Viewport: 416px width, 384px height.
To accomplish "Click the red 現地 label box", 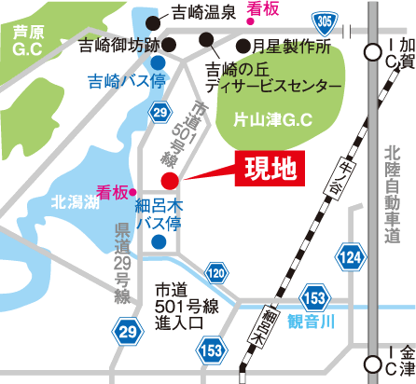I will click(270, 167).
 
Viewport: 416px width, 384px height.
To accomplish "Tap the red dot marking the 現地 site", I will click(169, 180).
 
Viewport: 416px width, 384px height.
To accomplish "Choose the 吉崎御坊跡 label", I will click(119, 44).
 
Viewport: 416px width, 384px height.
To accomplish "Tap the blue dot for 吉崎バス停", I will click(159, 62).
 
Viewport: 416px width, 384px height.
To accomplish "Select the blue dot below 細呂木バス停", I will click(159, 241).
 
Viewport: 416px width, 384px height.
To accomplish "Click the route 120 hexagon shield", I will click(216, 273).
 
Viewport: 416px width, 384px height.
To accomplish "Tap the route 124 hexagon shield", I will click(351, 255).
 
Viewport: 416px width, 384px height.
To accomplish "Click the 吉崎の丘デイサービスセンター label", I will click(260, 76).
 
